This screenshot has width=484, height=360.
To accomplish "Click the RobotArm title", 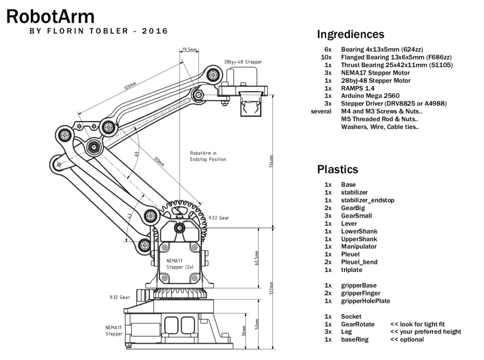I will (x=50, y=17).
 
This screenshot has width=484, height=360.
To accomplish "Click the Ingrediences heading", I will (x=350, y=35).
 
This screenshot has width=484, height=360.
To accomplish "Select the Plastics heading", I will (x=337, y=169).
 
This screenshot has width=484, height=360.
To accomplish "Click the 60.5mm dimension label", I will (x=257, y=258).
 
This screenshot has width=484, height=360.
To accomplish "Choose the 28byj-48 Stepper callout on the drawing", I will (x=243, y=62).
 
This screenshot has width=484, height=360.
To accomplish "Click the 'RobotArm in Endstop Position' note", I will (x=208, y=156).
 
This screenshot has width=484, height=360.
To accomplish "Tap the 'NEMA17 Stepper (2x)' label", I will (x=177, y=264).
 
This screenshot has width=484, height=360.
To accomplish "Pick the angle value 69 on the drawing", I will (x=136, y=154).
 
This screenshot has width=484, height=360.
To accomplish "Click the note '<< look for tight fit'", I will (x=417, y=324).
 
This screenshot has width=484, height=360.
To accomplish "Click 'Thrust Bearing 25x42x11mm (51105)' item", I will (x=397, y=65).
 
